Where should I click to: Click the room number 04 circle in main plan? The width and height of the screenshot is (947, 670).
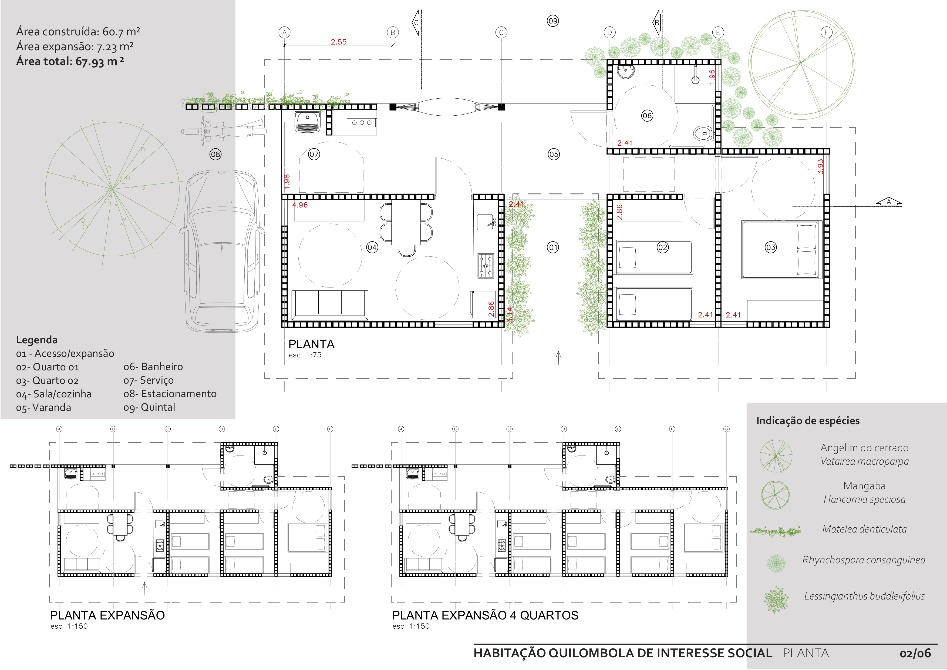coord(372,247)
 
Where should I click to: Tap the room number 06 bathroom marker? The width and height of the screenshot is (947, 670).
coord(647,116)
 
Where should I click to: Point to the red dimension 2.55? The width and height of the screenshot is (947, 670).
coord(339,42)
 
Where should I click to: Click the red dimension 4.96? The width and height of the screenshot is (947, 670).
coord(300,205)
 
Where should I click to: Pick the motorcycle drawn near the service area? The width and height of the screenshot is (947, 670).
coord(224,132)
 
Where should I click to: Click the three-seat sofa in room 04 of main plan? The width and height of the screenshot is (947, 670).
coord(329,305)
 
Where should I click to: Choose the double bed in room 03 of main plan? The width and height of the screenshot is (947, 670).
coord(780,250)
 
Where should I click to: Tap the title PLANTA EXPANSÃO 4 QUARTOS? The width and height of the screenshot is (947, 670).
coord(485,615)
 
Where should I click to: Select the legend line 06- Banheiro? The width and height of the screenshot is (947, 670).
coord(153,367)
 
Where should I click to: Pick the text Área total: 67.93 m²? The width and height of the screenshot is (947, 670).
coord(70,62)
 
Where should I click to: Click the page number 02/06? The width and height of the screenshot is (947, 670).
coord(915,654)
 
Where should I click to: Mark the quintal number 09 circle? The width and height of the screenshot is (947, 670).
coord(553,21)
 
